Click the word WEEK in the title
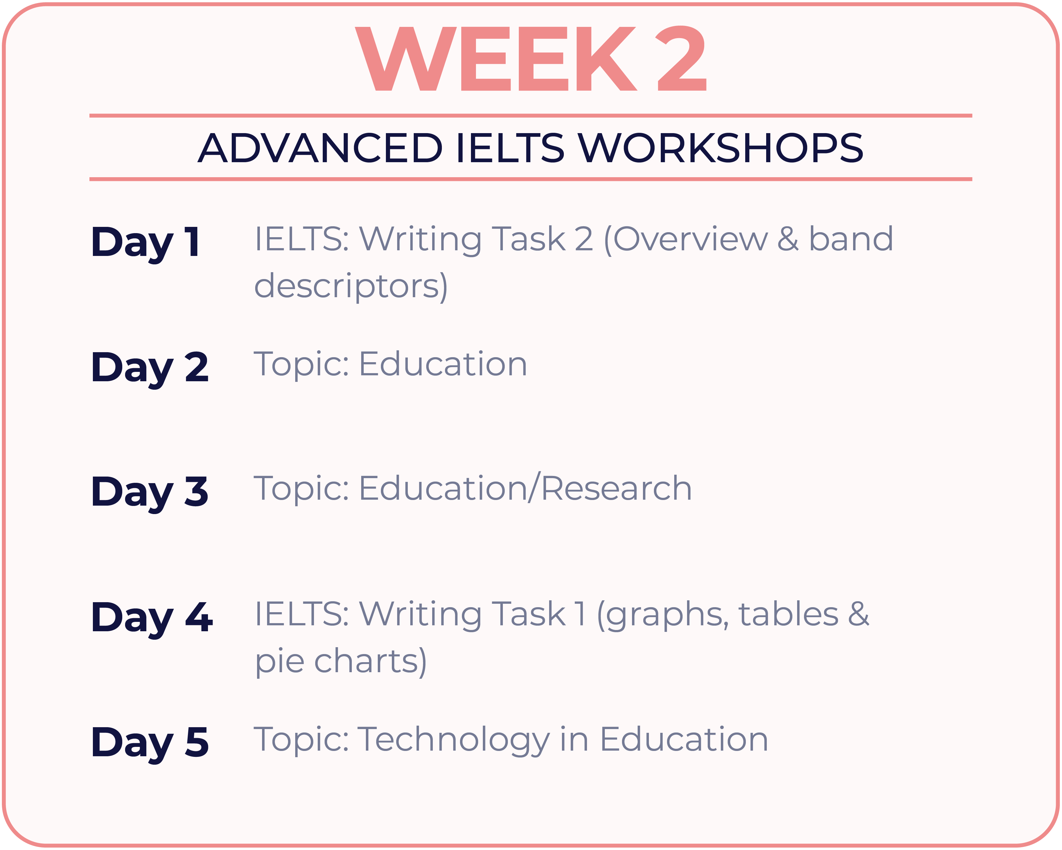[496, 58]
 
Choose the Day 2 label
[150, 369]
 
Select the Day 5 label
[150, 744]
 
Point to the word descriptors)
[351, 287]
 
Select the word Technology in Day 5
[453, 741]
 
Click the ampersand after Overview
[788, 239]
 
